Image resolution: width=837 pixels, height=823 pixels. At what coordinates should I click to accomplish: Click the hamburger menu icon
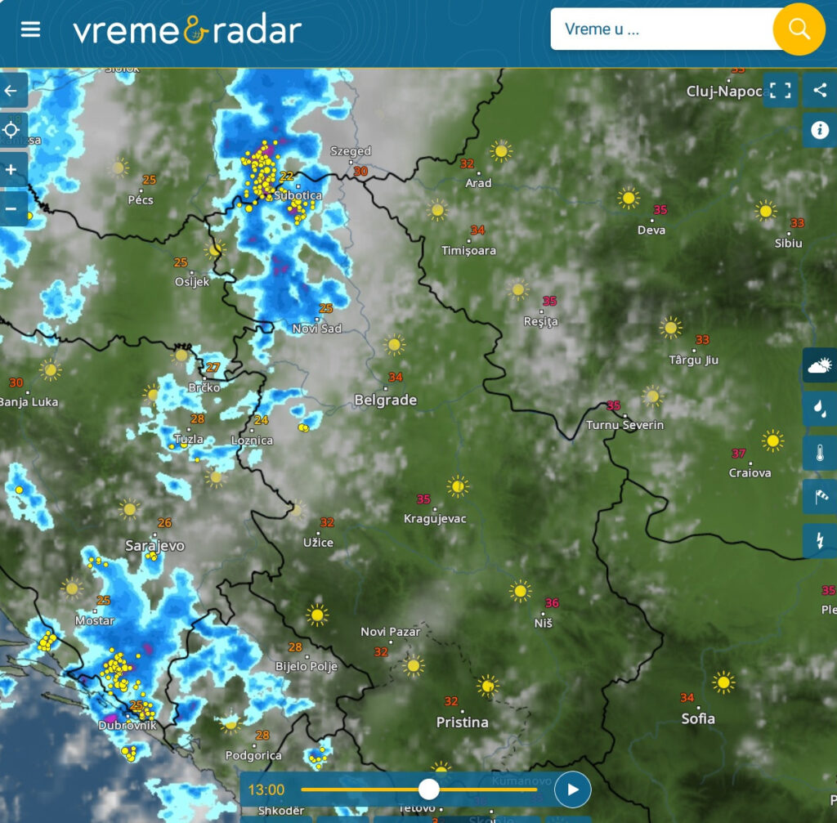30,29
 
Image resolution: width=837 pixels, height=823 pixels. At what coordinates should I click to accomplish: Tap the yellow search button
799,29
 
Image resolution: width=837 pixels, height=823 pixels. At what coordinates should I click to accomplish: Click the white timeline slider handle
428,789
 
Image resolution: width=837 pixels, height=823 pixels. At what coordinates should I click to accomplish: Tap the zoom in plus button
11,169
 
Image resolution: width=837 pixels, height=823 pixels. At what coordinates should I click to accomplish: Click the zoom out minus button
11,208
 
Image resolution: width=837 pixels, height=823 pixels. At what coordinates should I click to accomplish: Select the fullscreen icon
781,91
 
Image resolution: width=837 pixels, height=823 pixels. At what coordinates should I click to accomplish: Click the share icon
820,91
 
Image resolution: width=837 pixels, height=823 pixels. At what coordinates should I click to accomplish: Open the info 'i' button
820,130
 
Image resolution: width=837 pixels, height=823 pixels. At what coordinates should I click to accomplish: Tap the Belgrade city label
385,400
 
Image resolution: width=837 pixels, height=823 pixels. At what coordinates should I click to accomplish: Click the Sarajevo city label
154,545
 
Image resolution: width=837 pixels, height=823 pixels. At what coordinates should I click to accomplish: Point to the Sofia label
698,718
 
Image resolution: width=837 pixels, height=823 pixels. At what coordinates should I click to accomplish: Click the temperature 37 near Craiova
738,454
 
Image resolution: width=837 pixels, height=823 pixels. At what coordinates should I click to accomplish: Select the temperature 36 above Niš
552,603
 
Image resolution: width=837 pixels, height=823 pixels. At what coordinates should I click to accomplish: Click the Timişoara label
468,250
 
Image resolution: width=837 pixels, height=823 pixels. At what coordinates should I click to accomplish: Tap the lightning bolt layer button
820,540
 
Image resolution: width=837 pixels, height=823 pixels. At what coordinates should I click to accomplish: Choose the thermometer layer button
820,452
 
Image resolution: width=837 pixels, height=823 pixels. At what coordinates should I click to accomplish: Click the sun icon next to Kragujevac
458,487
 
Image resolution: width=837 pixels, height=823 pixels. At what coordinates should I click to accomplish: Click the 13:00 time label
266,790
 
